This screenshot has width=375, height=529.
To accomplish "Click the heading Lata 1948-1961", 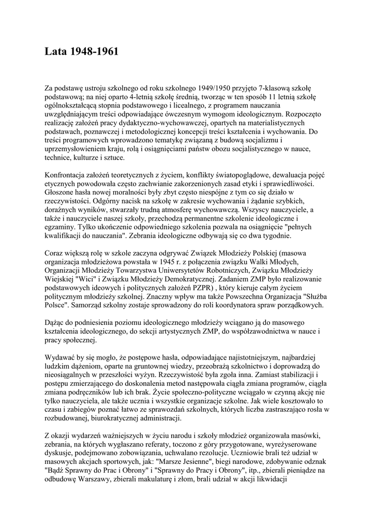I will [x=82, y=52].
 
